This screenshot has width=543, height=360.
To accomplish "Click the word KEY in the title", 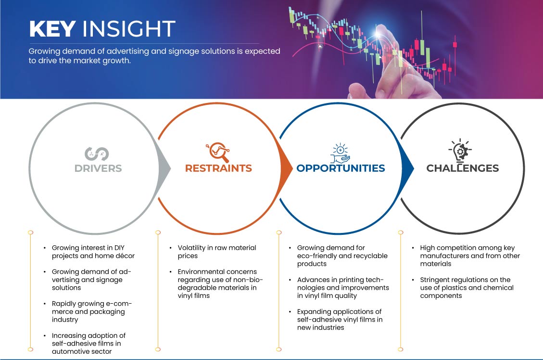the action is pyautogui.click(x=52, y=29).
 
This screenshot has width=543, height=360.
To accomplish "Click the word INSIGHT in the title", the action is pyautogui.click(x=128, y=29).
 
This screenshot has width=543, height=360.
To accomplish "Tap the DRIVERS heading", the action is pyautogui.click(x=98, y=168).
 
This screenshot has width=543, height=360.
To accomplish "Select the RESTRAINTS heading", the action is pyautogui.click(x=218, y=168).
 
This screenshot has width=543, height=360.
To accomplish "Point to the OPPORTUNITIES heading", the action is pyautogui.click(x=341, y=168).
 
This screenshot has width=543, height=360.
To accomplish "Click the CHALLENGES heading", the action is pyautogui.click(x=463, y=168).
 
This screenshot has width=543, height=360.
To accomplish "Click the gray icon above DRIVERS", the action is pyautogui.click(x=97, y=154).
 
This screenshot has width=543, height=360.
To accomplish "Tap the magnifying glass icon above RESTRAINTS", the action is pyautogui.click(x=218, y=152).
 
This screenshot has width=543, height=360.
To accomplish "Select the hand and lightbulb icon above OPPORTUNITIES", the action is pyautogui.click(x=340, y=153).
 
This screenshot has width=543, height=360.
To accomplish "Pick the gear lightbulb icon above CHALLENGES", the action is pyautogui.click(x=460, y=151).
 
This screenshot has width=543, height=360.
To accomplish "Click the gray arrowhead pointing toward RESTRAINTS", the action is pyautogui.click(x=164, y=168).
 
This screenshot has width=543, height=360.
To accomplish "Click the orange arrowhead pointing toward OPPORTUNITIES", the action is pyautogui.click(x=286, y=168).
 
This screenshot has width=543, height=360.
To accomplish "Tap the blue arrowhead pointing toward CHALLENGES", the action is pyautogui.click(x=407, y=168).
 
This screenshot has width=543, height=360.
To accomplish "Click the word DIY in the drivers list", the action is pyautogui.click(x=119, y=248).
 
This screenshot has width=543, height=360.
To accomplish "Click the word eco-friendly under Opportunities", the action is pyautogui.click(x=316, y=256).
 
